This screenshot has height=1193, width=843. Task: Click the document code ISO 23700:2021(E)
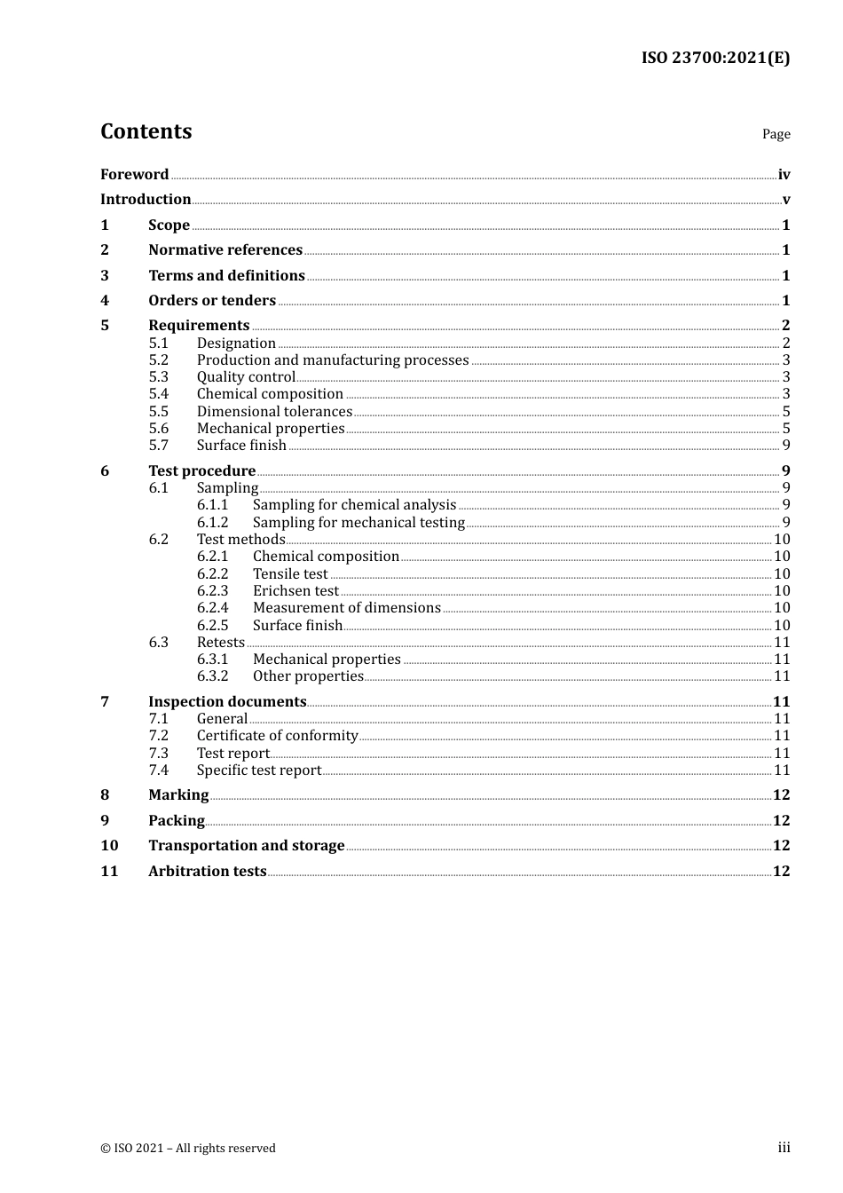(x=715, y=59)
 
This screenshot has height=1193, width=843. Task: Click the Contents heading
(x=146, y=131)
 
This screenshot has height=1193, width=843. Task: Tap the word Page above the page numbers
(x=776, y=134)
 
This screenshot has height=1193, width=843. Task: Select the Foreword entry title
(x=134, y=174)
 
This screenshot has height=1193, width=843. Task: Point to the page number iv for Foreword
(x=784, y=175)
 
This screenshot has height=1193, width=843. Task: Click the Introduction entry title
(x=146, y=200)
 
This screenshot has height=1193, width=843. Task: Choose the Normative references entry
(x=225, y=250)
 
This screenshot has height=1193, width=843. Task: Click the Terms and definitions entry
(x=226, y=275)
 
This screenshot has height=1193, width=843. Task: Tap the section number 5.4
(x=158, y=394)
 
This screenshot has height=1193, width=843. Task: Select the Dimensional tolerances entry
(x=274, y=411)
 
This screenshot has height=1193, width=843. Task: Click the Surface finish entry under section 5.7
(x=241, y=446)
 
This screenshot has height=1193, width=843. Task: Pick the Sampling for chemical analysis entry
(x=354, y=505)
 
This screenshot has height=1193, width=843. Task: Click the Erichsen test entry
(x=295, y=591)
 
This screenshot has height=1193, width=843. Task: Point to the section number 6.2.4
(x=212, y=608)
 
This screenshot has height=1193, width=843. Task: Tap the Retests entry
(x=220, y=643)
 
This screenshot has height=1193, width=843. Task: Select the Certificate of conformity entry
(x=277, y=736)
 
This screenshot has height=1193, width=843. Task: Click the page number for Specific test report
(x=782, y=770)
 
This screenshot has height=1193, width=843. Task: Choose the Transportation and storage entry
(x=246, y=846)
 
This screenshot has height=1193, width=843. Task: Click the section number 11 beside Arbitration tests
(x=109, y=871)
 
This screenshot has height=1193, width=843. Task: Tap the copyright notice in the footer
(x=188, y=1149)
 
